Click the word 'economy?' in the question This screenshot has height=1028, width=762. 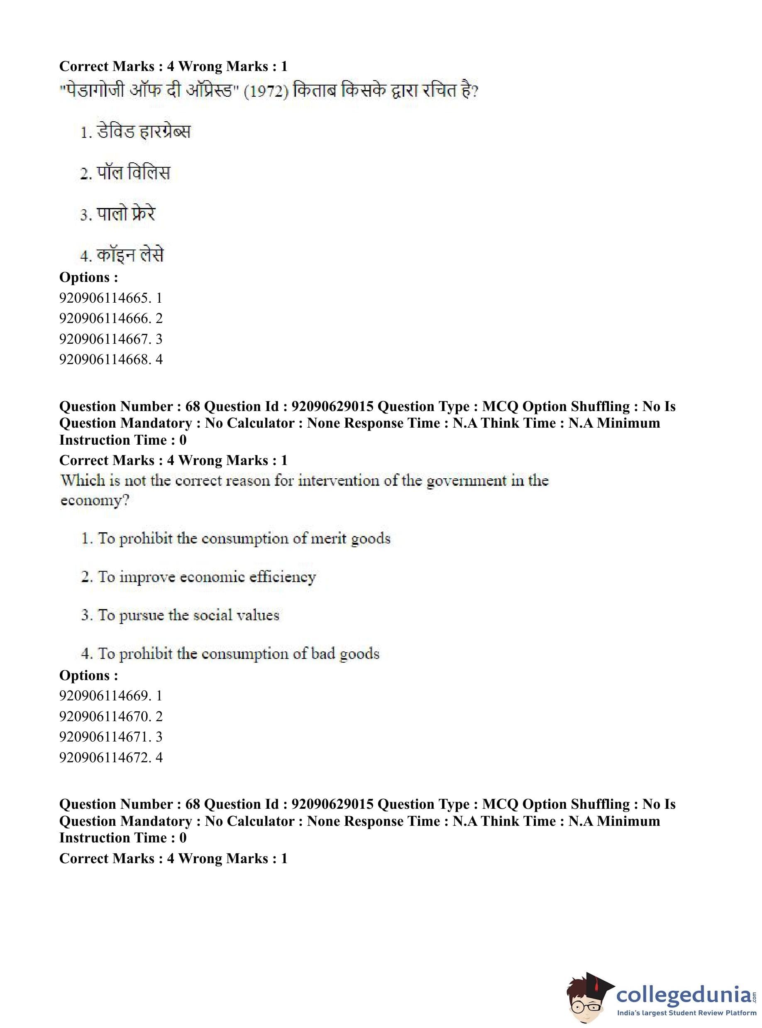pyautogui.click(x=95, y=500)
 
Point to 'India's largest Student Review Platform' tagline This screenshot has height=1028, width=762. pyautogui.click(x=686, y=1013)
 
